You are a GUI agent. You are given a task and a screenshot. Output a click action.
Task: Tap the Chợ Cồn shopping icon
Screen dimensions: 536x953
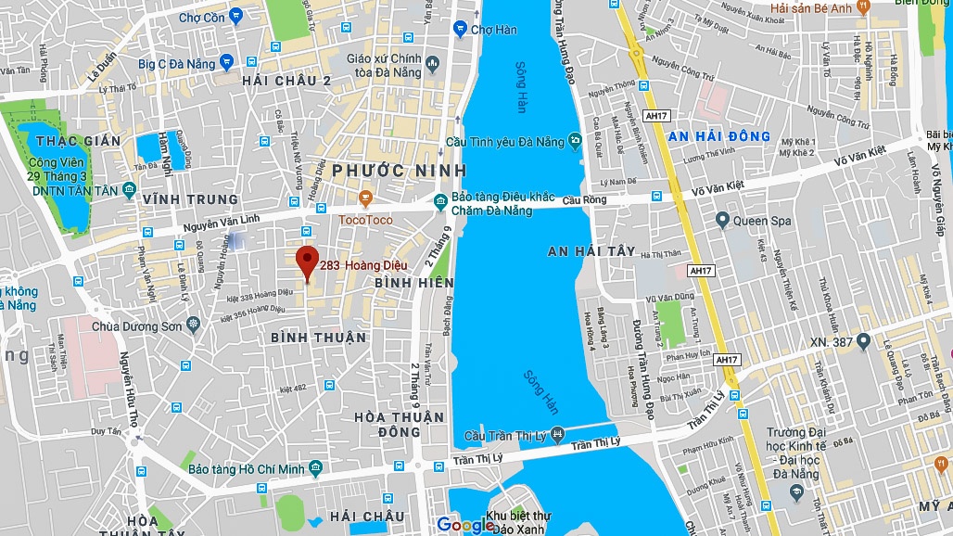pos(236,15)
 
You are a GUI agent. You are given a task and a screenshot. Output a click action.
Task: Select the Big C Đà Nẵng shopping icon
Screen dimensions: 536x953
pos(226,63)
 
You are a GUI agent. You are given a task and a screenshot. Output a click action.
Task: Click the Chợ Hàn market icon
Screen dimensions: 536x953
pos(460,30)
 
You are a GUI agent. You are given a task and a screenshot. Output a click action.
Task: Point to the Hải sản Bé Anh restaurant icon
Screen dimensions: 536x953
pos(863,7)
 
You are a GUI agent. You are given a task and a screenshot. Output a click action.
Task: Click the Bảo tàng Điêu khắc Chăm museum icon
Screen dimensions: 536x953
pos(440,199)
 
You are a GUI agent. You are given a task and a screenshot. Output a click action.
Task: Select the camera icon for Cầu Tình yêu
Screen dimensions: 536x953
pos(575,141)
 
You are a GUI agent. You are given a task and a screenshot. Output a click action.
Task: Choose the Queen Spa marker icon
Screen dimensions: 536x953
pos(722,220)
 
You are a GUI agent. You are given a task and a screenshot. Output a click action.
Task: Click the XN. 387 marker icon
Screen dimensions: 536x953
pos(864,341)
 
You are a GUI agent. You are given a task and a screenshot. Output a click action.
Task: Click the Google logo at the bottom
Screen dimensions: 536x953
pos(465,525)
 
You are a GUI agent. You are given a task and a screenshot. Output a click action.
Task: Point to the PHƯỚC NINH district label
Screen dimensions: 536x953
pos(399,171)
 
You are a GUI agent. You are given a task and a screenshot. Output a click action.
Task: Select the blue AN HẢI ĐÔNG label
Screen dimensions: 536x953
pos(719,136)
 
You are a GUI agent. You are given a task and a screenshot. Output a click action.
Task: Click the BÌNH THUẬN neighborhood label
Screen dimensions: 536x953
pos(319,338)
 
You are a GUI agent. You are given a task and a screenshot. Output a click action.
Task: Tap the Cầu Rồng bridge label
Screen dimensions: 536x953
pos(608,199)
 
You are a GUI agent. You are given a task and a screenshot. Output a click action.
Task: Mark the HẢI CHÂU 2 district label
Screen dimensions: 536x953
pos(286,81)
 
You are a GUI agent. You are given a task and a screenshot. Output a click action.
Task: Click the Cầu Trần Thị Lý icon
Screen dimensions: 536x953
pos(556,434)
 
